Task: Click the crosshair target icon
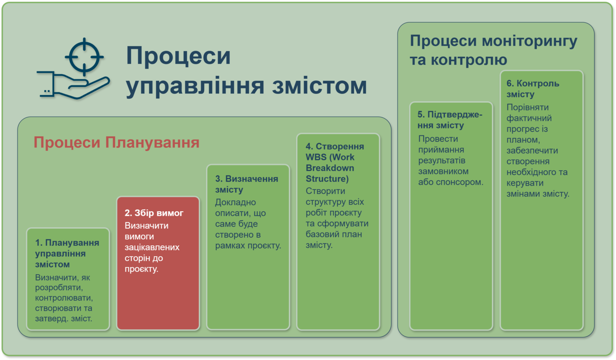[x=84, y=57]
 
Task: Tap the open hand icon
[x=73, y=85]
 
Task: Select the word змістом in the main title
[x=319, y=86]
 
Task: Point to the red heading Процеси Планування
[x=116, y=143]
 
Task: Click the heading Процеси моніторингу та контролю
[x=493, y=50]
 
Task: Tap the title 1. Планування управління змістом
[x=67, y=253]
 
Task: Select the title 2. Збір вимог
[x=154, y=213]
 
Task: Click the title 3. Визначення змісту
[x=247, y=184]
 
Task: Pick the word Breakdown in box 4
[x=330, y=168]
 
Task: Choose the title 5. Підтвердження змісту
[x=450, y=120]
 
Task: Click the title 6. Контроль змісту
[x=533, y=89]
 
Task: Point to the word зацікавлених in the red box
[x=152, y=247]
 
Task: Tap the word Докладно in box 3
[x=236, y=202]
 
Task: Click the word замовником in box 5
[x=444, y=171]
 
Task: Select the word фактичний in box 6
[x=529, y=118]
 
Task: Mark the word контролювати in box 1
[x=64, y=298]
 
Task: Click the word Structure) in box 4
[x=327, y=179]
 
